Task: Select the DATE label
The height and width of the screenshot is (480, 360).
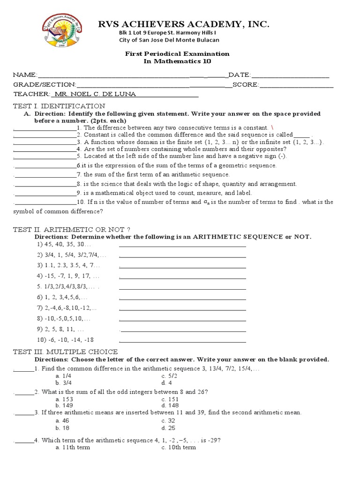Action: click(x=239, y=75)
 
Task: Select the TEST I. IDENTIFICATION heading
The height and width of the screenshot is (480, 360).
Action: click(x=59, y=106)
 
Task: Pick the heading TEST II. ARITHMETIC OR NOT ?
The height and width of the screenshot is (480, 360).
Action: click(x=71, y=229)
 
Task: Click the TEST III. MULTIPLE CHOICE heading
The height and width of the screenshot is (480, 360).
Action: click(x=65, y=352)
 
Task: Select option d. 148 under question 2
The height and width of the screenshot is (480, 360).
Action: click(x=170, y=405)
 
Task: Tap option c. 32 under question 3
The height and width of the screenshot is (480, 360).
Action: click(x=168, y=421)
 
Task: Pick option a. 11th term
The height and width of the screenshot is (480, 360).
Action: click(x=73, y=448)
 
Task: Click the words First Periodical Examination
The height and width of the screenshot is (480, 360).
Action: click(x=177, y=54)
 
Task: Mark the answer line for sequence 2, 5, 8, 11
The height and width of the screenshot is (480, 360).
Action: click(x=183, y=330)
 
